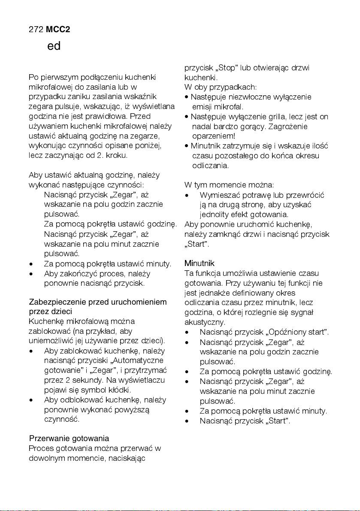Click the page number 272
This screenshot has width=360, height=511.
pos(36,29)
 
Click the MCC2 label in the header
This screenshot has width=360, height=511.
pos(58,29)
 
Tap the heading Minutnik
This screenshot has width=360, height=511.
pos(199,263)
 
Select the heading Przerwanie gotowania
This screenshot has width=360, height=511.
pos(69,438)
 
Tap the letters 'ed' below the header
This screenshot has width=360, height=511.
pos(54,46)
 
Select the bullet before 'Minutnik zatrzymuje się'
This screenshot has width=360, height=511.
pos(187,146)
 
